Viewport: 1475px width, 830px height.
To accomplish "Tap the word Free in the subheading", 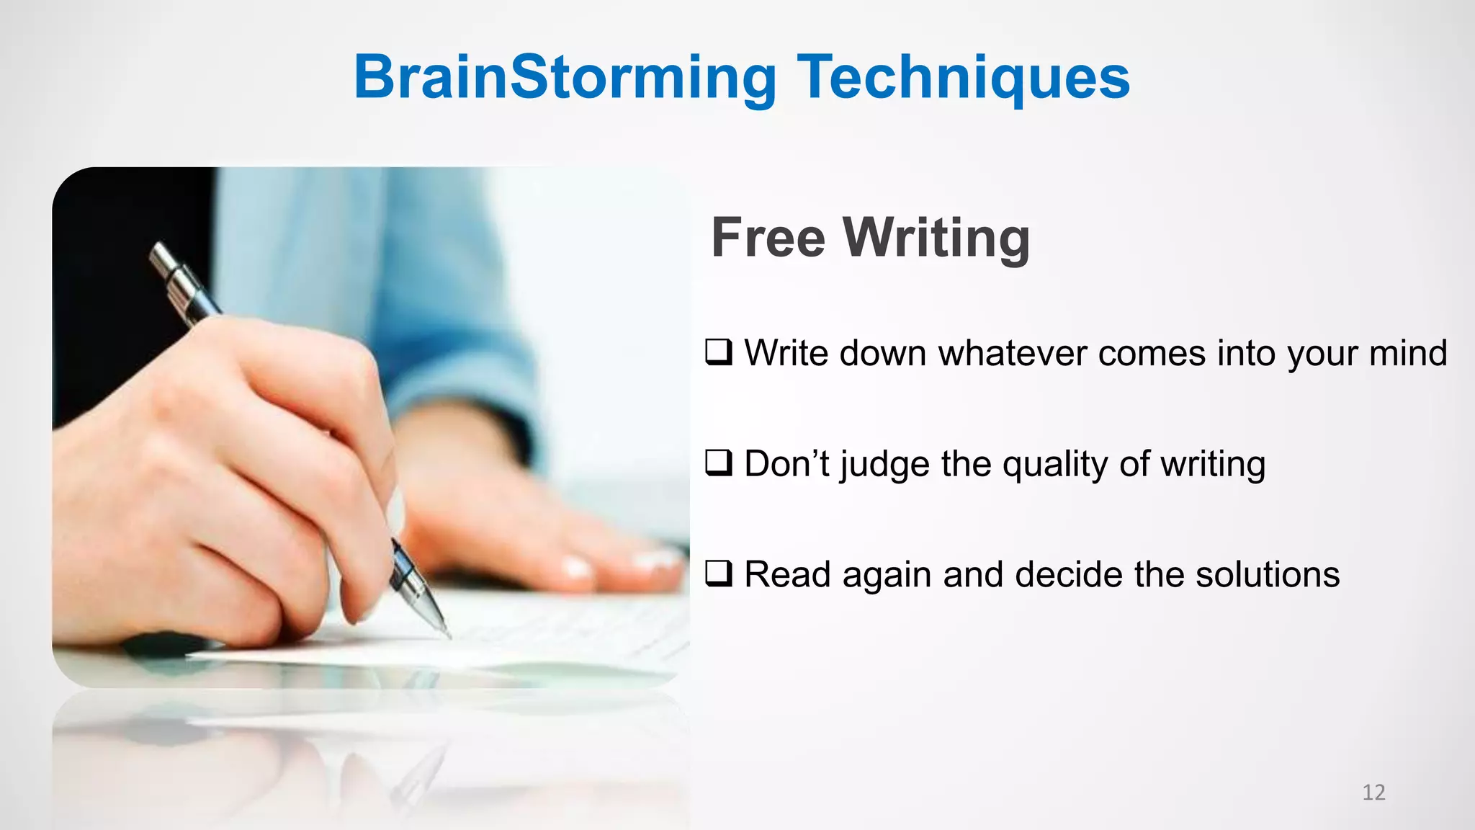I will (768, 237).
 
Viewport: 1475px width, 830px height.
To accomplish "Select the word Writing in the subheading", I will (936, 237).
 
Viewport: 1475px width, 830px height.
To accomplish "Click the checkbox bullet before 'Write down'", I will (719, 352).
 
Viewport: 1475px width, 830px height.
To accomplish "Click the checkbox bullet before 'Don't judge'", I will (719, 463).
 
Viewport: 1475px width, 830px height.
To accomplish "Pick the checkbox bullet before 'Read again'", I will (719, 574).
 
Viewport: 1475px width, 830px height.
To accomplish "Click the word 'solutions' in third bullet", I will (1268, 575).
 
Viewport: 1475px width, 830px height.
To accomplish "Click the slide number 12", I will (1373, 793).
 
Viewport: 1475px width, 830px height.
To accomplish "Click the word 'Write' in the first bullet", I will (788, 353).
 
